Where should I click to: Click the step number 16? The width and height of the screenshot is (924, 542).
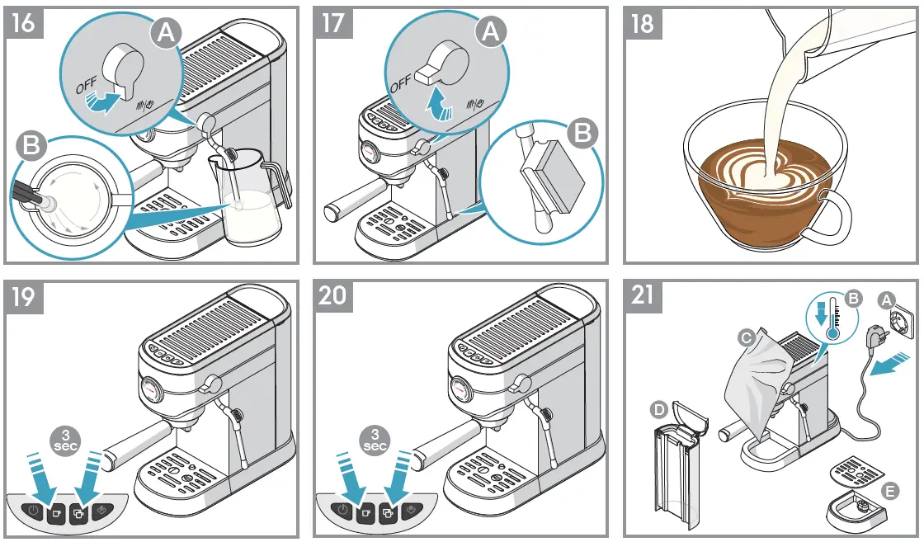[x=24, y=22]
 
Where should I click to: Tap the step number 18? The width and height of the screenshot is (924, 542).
[x=641, y=22]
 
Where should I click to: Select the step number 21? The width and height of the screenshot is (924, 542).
[x=641, y=295]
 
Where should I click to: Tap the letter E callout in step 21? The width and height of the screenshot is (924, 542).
[x=889, y=489]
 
